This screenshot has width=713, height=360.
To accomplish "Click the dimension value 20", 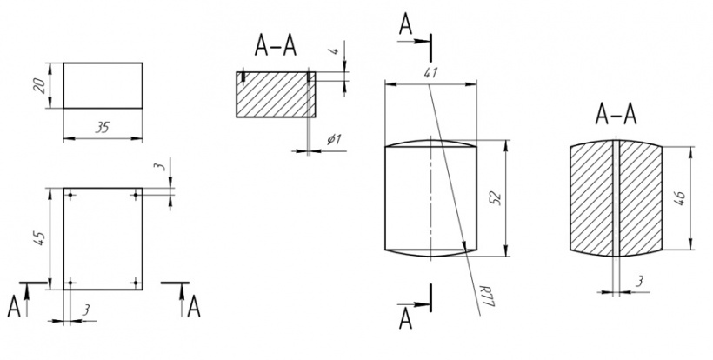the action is click(39, 85).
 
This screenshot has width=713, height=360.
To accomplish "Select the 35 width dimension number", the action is click(103, 128).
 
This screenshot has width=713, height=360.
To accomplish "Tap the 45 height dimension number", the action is click(39, 238).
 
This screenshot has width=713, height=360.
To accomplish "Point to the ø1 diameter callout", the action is click(333, 139).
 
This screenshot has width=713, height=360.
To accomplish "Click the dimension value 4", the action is click(334, 50).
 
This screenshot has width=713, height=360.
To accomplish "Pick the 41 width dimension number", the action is click(430, 72).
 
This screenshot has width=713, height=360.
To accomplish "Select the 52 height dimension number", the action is click(496, 198).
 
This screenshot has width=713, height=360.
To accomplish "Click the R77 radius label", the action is click(487, 296).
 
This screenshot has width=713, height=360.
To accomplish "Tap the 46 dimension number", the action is click(680, 198).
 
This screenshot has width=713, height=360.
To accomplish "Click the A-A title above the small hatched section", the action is click(276, 45).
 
